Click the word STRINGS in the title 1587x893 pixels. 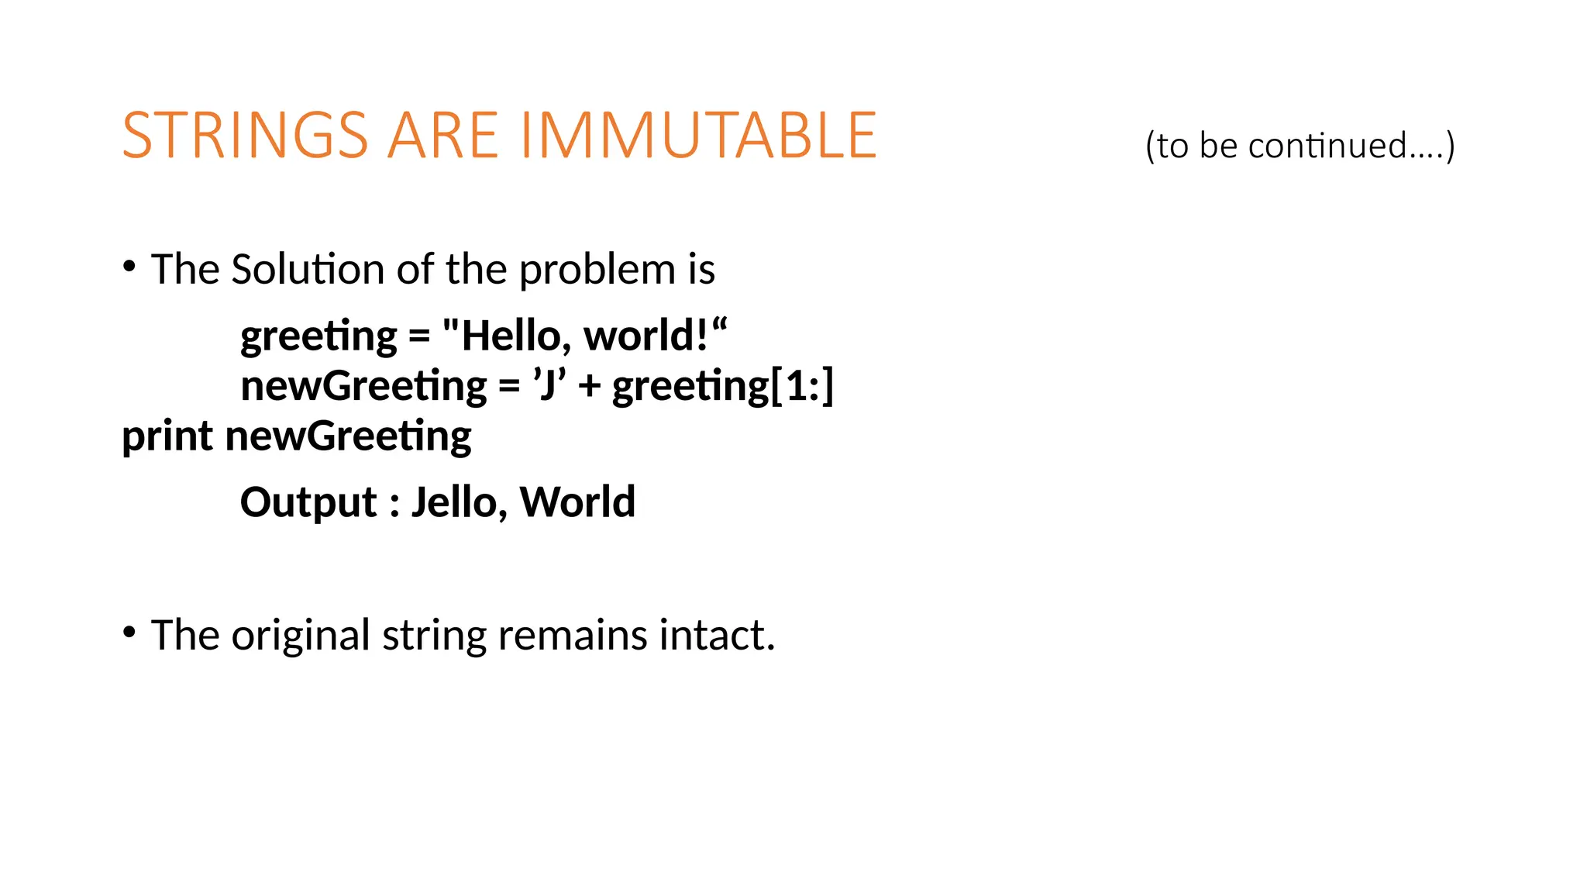coord(245,136)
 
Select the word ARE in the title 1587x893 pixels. coord(442,136)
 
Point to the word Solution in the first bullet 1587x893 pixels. coord(308,270)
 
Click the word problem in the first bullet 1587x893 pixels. coord(597,270)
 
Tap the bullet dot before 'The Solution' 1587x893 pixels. coord(129,267)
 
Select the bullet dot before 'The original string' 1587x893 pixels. coord(129,633)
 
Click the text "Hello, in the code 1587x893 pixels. coord(507,336)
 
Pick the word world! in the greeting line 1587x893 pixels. coord(651,336)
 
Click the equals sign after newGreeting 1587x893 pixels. coord(509,386)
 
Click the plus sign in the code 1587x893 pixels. coord(589,386)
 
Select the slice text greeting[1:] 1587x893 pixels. coord(722,386)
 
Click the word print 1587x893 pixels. coord(167,436)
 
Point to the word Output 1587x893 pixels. coord(308,502)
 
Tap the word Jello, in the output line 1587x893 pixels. coord(459,502)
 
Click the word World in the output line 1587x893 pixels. coord(577,502)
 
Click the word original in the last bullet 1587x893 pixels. coord(301,636)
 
